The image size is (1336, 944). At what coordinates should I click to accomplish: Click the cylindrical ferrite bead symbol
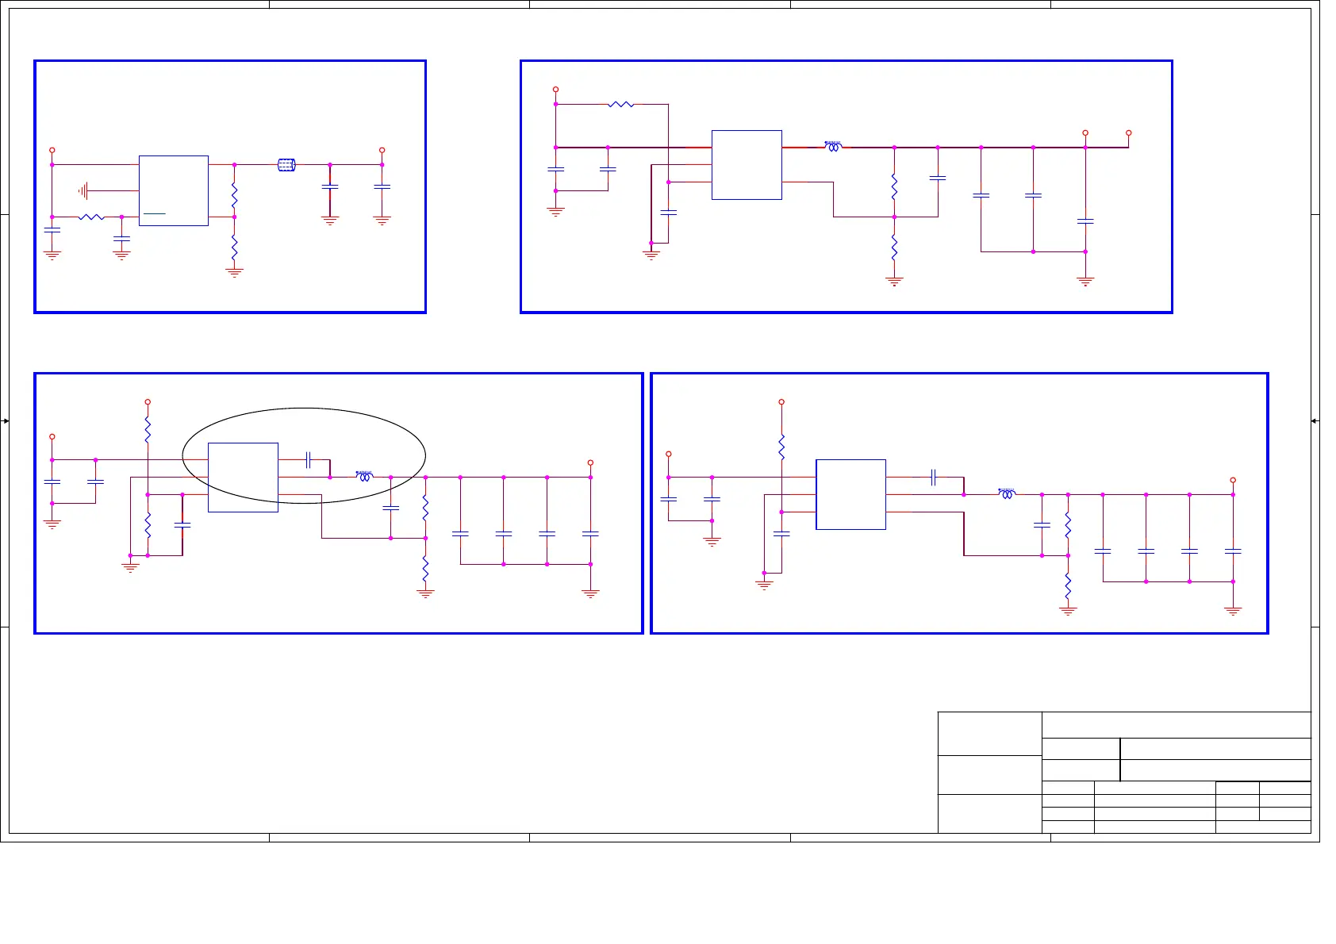(x=286, y=165)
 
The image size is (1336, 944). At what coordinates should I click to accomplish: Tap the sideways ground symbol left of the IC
(x=83, y=190)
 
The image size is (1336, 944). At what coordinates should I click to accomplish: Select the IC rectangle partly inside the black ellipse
(x=243, y=477)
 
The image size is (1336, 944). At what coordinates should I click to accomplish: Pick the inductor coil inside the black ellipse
(x=364, y=477)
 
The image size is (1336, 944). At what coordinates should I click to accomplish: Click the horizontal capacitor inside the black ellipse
(x=308, y=459)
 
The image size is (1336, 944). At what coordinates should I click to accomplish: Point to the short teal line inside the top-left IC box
(x=154, y=213)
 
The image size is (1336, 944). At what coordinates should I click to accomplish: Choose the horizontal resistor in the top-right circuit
(x=621, y=104)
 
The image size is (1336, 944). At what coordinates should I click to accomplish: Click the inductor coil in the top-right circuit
(x=833, y=147)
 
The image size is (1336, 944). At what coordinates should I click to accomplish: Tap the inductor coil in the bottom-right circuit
(x=1007, y=494)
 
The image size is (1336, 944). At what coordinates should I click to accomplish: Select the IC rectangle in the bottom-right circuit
(x=850, y=494)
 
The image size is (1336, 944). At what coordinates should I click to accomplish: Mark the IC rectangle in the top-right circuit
(x=747, y=164)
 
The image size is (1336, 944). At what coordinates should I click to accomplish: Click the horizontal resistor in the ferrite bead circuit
(x=91, y=217)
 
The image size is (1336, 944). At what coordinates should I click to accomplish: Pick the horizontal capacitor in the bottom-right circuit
(x=934, y=477)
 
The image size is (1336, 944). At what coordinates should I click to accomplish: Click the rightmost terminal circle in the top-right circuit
(x=1128, y=133)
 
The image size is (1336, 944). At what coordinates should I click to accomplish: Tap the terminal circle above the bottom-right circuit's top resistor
(x=781, y=402)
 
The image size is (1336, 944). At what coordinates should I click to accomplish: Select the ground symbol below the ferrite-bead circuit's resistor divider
(x=234, y=272)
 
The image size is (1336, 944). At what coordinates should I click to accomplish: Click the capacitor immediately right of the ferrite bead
(x=330, y=186)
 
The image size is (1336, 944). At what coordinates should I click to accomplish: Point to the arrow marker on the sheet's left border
(x=6, y=420)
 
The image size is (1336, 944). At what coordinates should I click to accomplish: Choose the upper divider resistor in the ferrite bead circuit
(x=234, y=193)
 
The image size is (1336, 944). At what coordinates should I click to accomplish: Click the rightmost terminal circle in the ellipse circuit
(x=590, y=462)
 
